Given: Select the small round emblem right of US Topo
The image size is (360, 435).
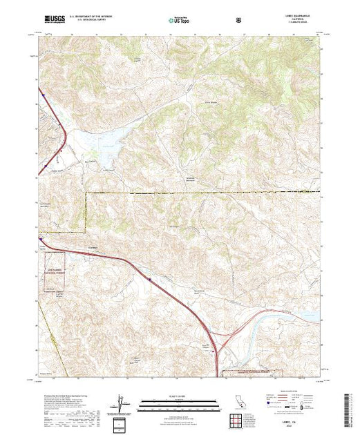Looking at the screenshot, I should coord(239,20).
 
